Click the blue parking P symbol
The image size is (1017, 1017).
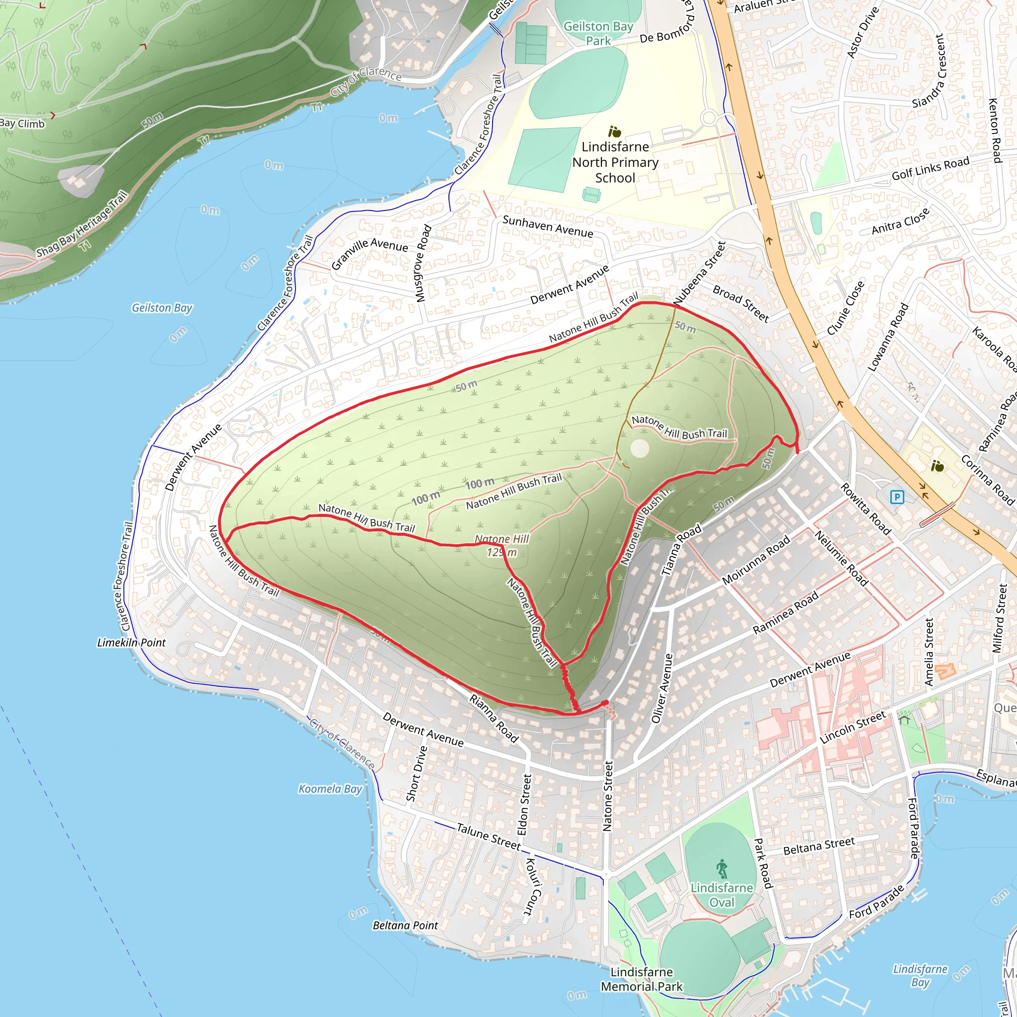pyautogui.click(x=897, y=497)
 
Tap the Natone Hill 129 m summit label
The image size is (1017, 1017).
pyautogui.click(x=502, y=545)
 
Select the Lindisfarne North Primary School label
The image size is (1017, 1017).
pyautogui.click(x=615, y=162)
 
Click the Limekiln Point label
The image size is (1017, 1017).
pyautogui.click(x=131, y=643)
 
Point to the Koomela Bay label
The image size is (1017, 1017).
pyautogui.click(x=330, y=789)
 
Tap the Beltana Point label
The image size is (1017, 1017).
pyautogui.click(x=405, y=926)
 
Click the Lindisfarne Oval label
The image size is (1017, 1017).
pyautogui.click(x=722, y=895)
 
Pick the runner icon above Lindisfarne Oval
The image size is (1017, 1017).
pyautogui.click(x=722, y=869)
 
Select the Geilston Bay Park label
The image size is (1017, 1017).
pyautogui.click(x=598, y=33)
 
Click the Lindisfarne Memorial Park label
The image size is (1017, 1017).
pyautogui.click(x=642, y=979)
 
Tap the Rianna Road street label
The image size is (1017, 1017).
pyautogui.click(x=494, y=719)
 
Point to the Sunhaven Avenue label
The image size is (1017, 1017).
pyautogui.click(x=547, y=226)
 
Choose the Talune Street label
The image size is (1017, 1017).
pyautogui.click(x=488, y=836)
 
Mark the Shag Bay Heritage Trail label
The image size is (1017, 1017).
pyautogui.click(x=81, y=225)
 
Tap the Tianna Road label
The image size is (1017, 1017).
pyautogui.click(x=681, y=550)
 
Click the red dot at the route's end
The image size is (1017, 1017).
pyautogui.click(x=605, y=703)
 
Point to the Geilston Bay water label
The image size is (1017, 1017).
pyautogui.click(x=161, y=307)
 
